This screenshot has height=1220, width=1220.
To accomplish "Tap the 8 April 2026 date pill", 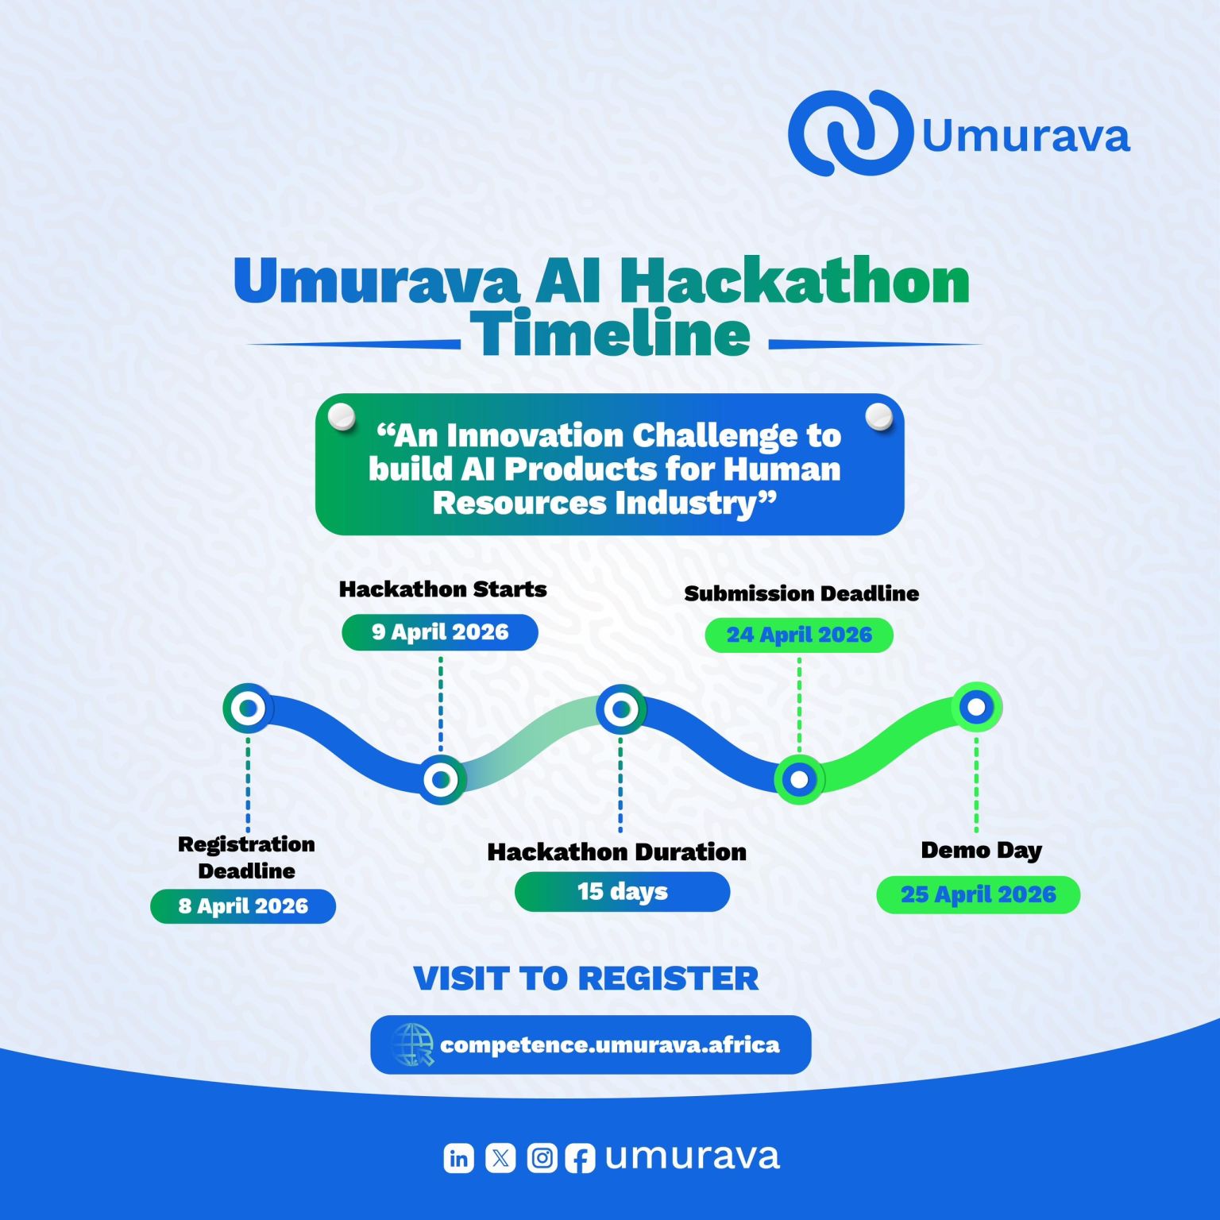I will [x=243, y=906].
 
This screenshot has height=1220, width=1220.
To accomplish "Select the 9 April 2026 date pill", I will [x=440, y=632].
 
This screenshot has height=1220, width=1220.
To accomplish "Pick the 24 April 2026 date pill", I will [x=799, y=635].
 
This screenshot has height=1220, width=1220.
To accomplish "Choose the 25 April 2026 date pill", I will [x=978, y=894].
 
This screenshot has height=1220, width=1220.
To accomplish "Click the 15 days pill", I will [x=622, y=891].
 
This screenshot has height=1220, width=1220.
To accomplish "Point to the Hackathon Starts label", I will [x=442, y=589].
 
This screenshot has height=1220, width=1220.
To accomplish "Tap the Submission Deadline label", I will [x=801, y=593].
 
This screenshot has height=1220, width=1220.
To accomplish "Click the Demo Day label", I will [x=981, y=850].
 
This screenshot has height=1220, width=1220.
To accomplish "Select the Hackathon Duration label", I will [x=616, y=852].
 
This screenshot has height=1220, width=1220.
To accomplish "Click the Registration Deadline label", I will [x=246, y=857].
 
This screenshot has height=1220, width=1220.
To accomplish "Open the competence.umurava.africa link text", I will [x=609, y=1044].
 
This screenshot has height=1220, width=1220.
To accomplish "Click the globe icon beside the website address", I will [x=413, y=1044].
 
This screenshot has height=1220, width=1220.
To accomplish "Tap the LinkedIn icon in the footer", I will [x=458, y=1159].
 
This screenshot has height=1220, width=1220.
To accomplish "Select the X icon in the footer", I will [x=500, y=1159].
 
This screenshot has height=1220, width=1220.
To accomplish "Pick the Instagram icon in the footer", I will [x=542, y=1159].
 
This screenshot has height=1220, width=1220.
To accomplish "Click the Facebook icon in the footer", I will [x=580, y=1159].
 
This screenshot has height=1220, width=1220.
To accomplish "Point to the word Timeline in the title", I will [x=610, y=334].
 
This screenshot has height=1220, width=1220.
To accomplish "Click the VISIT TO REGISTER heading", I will [x=586, y=979].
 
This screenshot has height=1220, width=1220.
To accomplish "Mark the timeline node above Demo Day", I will [x=976, y=706].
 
